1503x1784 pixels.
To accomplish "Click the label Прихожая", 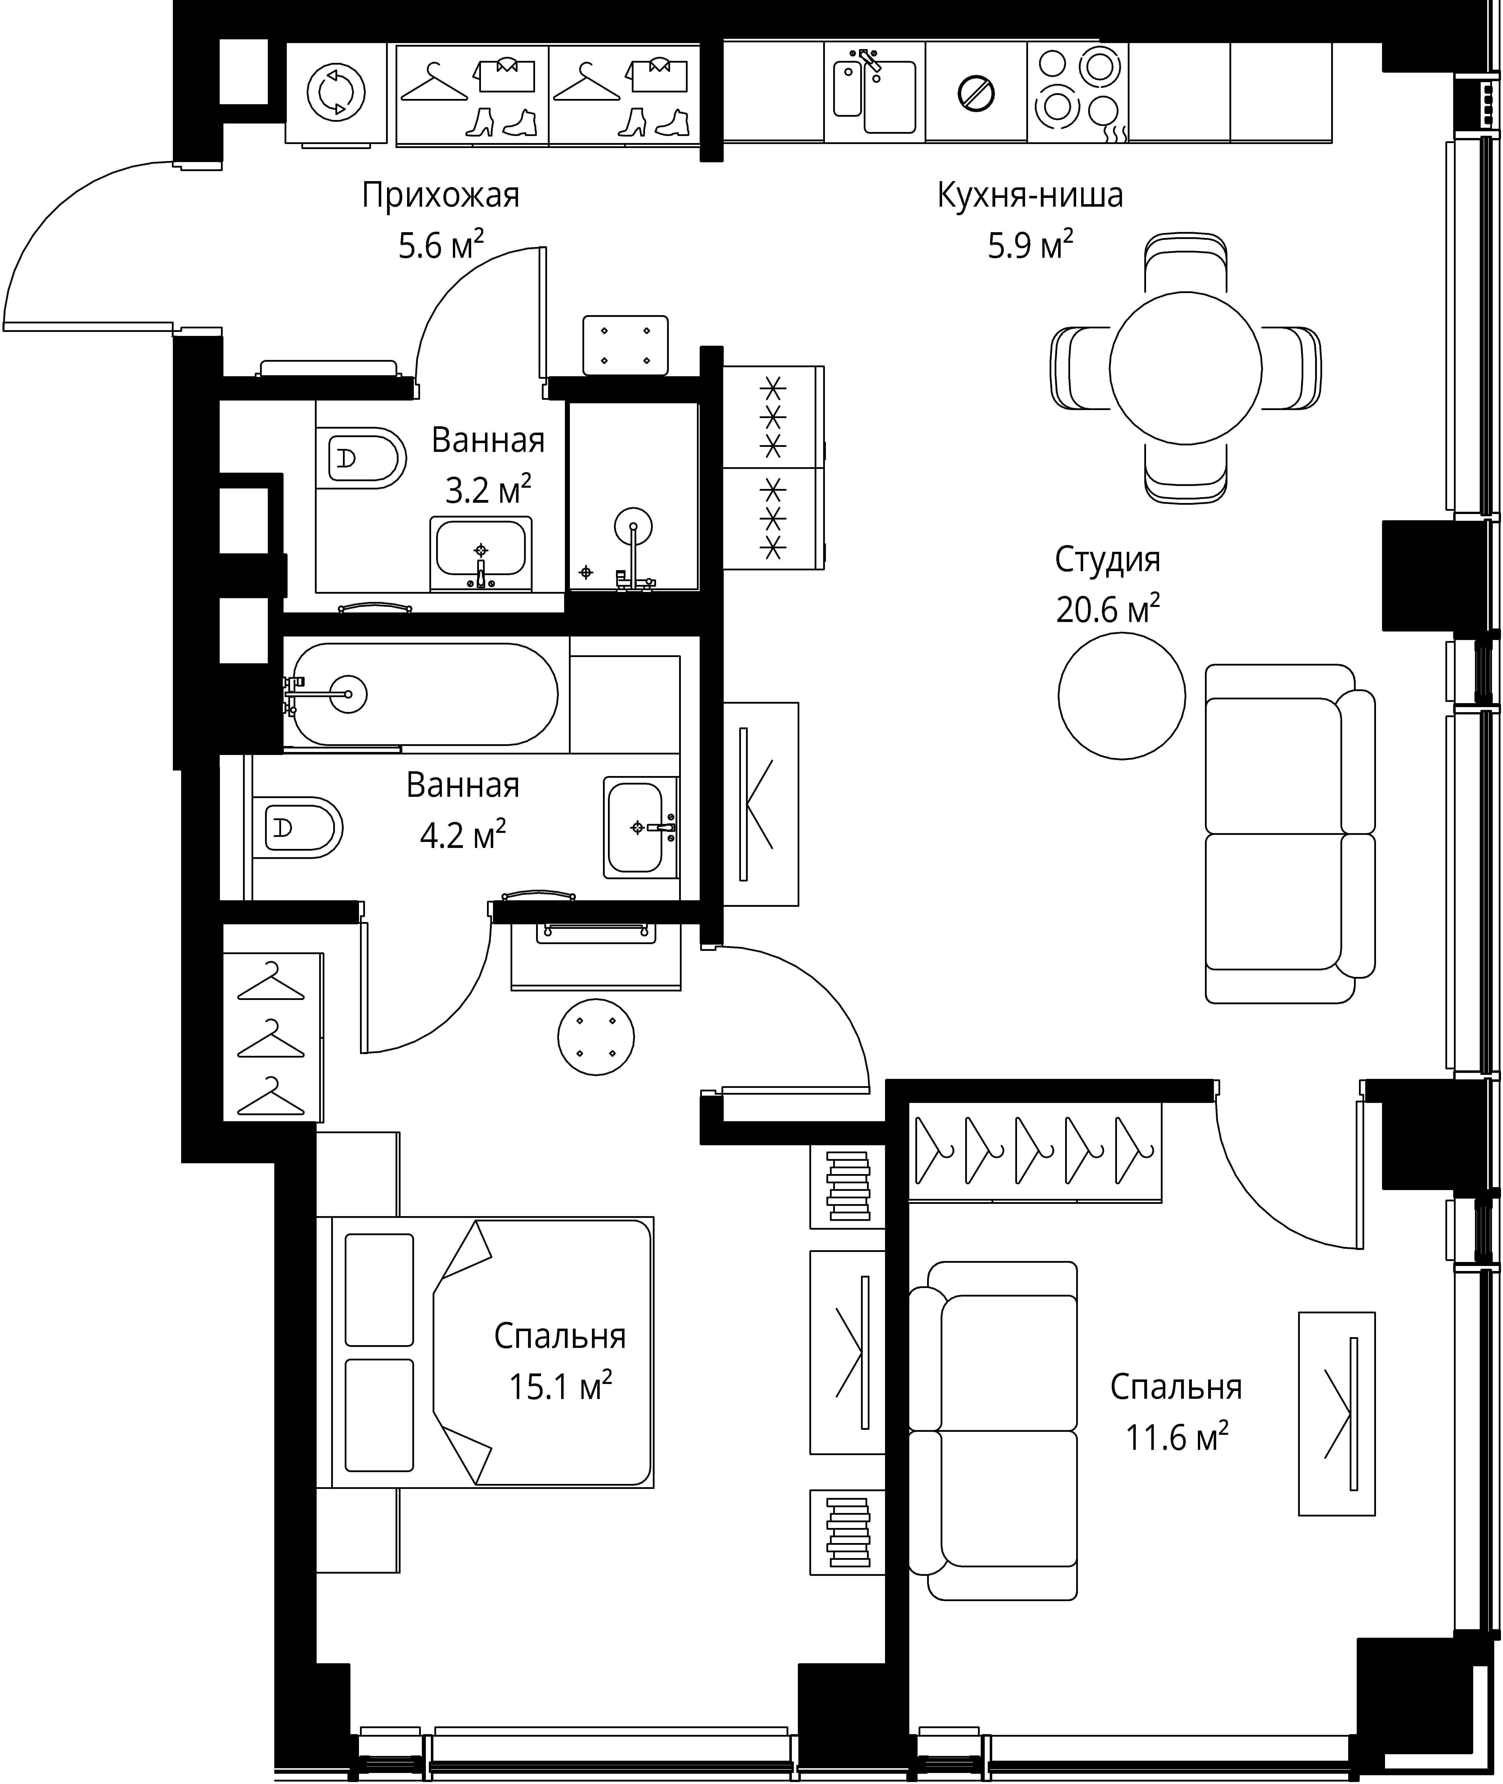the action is tap(441, 196).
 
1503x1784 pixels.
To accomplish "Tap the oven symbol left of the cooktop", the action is tap(976, 92).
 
